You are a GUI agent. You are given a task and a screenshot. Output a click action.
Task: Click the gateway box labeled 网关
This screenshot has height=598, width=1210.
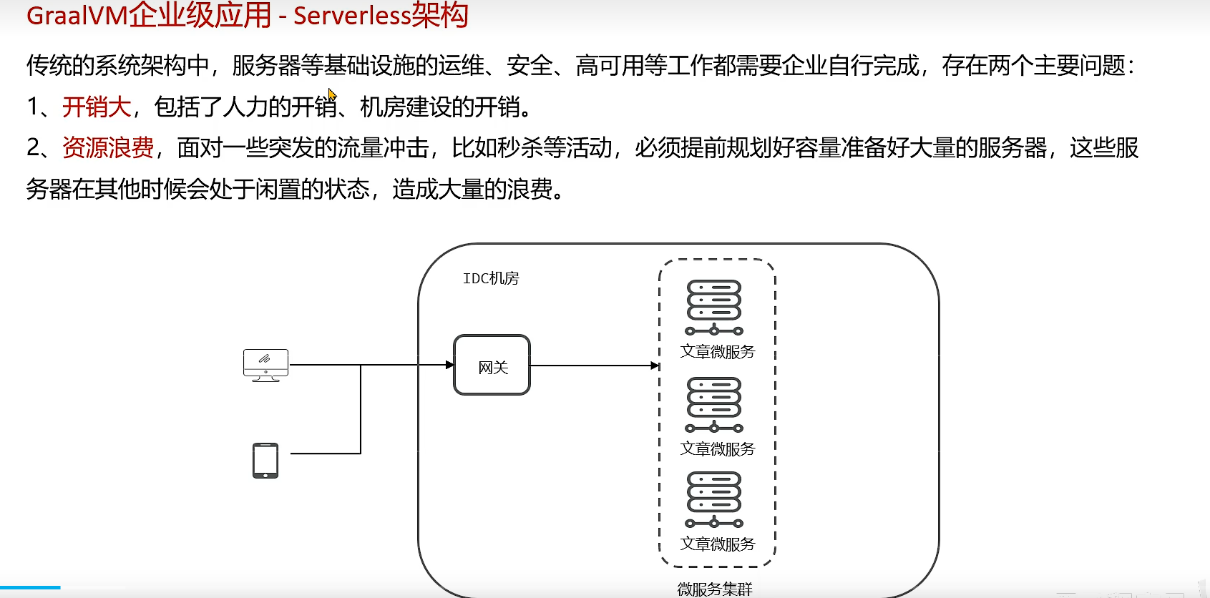coord(492,366)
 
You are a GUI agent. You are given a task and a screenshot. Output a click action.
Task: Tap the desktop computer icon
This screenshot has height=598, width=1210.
coord(265,365)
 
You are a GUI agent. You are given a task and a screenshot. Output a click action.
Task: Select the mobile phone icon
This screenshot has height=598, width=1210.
coord(265,461)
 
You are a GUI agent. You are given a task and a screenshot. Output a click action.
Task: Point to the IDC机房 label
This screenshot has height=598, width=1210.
coord(491,278)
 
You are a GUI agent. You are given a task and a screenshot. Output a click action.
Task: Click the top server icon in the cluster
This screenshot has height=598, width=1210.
coord(714,307)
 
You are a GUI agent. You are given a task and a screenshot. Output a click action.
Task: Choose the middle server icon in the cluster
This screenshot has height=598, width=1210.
coord(714,404)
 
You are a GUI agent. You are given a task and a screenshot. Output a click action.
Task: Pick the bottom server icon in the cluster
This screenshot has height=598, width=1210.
coord(714,499)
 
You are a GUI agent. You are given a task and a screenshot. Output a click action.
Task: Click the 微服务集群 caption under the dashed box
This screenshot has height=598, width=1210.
coord(715,589)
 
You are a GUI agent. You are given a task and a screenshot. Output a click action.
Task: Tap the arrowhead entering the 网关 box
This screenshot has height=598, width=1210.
coord(449,365)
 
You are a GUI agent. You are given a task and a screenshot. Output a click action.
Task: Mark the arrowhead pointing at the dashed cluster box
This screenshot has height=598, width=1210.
coord(655,366)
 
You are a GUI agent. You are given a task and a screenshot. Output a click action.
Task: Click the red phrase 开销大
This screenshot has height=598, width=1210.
coord(97,107)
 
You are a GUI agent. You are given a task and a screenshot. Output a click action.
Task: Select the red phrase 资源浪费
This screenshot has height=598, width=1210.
coord(108,148)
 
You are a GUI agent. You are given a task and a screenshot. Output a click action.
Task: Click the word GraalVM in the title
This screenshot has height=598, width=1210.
coord(77,16)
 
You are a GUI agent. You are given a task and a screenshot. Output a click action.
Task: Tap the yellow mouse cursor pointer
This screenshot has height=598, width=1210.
coord(332,95)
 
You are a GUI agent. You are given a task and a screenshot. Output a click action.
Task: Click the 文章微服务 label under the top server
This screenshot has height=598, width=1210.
coord(718,352)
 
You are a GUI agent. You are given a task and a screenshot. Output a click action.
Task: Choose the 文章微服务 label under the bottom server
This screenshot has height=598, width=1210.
coord(718,544)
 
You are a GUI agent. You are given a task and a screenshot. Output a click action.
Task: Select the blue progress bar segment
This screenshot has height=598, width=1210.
coord(30,587)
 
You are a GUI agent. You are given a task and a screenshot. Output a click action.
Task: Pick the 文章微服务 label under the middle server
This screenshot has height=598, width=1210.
coord(718,449)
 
